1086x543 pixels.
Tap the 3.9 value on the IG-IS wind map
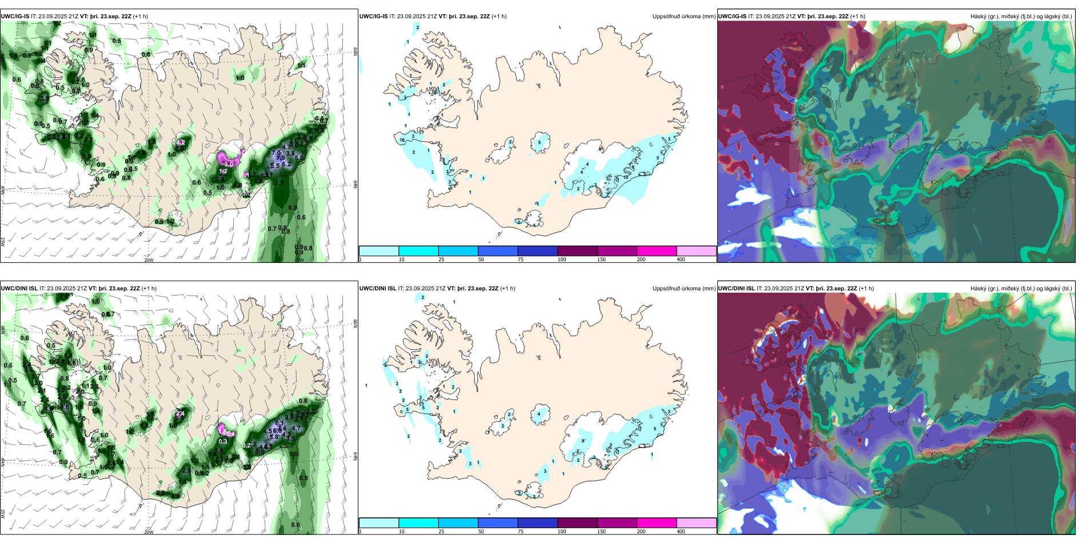pos(44,98)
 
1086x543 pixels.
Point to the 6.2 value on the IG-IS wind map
pos(286,165)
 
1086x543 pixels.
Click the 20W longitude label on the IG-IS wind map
pos(149,260)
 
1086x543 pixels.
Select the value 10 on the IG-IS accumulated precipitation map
pos(625,177)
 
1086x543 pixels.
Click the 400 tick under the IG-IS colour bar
pos(681,259)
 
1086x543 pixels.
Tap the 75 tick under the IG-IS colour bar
pos(521,259)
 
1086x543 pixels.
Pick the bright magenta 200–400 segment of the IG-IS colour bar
pos(656,251)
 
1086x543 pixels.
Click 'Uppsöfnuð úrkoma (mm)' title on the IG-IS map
pos(684,17)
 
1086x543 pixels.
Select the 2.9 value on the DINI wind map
pos(186,471)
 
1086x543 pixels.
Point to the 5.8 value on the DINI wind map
pos(274,437)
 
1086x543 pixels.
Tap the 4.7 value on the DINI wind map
pos(296,428)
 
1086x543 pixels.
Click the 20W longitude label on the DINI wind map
pos(149,532)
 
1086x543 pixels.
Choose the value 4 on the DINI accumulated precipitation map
pos(539,414)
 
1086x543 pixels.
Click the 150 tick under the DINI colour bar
pos(601,532)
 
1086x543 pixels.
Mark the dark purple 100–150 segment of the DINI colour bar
pos(577,523)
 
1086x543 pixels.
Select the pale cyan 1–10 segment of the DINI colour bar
pos(378,523)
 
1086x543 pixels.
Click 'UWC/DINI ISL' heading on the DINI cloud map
pos(736,289)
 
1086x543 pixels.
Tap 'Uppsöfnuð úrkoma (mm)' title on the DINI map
pos(684,289)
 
